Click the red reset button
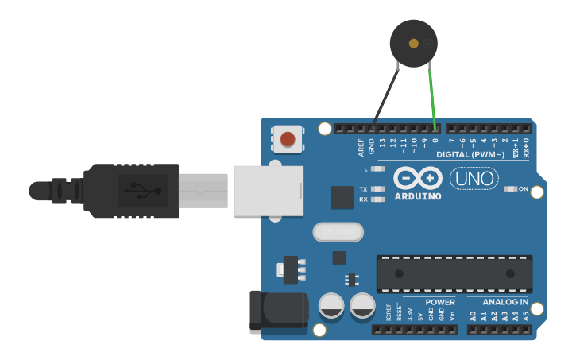click(288, 140)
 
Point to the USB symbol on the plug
click(143, 191)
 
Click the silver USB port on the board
click(269, 191)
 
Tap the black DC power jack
click(278, 312)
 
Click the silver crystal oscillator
click(338, 232)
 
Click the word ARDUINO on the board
click(416, 195)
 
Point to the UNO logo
click(474, 179)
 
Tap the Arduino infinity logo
click(416, 178)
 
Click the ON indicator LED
click(511, 189)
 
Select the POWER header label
click(440, 302)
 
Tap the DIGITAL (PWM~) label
click(470, 155)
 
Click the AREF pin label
click(361, 147)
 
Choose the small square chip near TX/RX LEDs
click(342, 197)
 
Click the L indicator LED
click(378, 169)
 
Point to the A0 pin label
click(473, 315)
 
